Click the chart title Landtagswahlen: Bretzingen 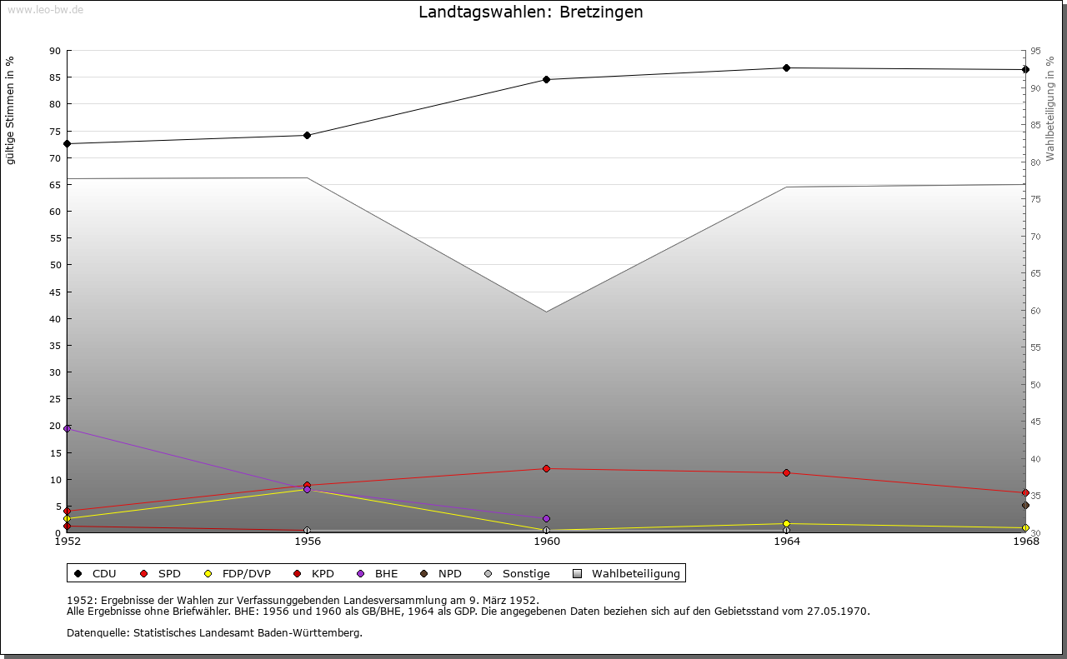click(x=531, y=12)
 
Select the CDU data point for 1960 click(x=546, y=80)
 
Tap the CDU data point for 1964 click(x=786, y=68)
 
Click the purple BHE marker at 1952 click(x=68, y=429)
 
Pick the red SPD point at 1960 click(x=546, y=469)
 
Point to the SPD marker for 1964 click(x=786, y=473)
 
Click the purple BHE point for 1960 click(x=546, y=519)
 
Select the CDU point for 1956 click(x=307, y=135)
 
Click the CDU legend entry click(x=95, y=574)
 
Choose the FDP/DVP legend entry click(x=237, y=574)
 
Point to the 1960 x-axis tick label click(x=546, y=542)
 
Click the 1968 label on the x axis click(x=1025, y=542)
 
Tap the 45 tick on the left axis click(x=54, y=292)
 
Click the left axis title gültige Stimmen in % click(x=11, y=110)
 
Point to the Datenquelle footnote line click(x=214, y=633)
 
